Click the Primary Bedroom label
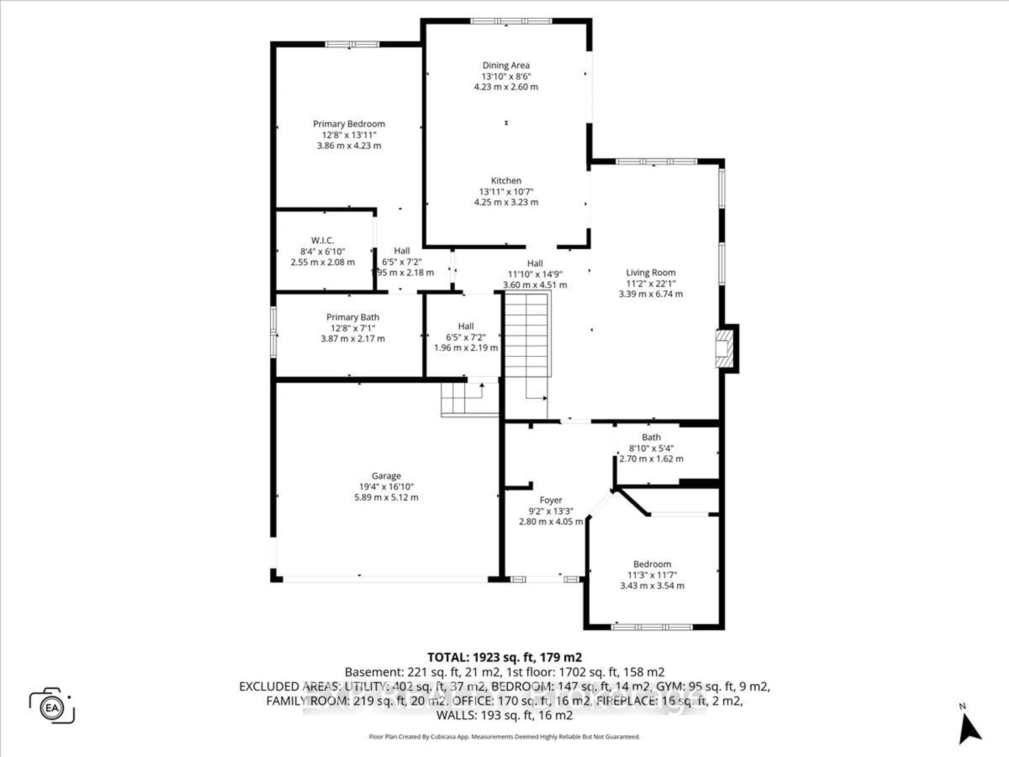point(348,124)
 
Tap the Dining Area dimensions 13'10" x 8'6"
point(506,76)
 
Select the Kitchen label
point(506,180)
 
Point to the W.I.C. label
point(322,240)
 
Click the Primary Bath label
point(352,317)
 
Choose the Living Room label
point(651,272)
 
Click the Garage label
point(386,475)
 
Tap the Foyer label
point(550,500)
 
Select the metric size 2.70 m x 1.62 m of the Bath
point(651,459)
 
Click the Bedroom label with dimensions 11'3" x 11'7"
point(652,564)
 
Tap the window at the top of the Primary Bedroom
point(352,44)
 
